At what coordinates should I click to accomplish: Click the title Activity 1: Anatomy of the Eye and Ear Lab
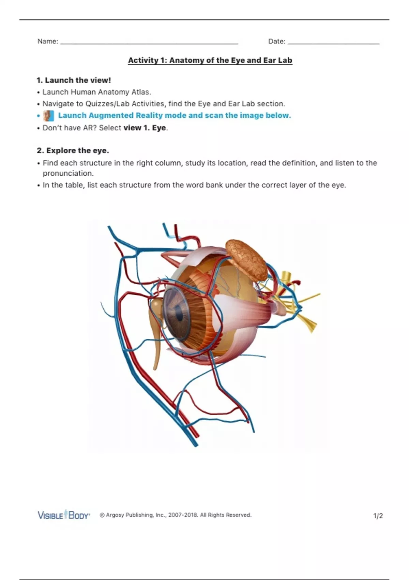coord(210,60)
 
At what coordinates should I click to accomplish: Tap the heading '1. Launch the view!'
coord(74,80)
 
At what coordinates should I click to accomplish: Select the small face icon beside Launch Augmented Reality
coord(48,116)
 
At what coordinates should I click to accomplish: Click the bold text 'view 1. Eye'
coord(145,128)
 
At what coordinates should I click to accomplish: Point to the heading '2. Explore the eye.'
coord(73,150)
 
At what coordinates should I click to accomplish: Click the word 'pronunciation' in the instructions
coord(68,173)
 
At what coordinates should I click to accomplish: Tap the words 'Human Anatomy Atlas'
coord(110,92)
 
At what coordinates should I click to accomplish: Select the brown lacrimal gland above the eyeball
coord(247,259)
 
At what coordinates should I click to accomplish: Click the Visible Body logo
coord(64,515)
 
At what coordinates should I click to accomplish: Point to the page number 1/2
coord(378,516)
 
